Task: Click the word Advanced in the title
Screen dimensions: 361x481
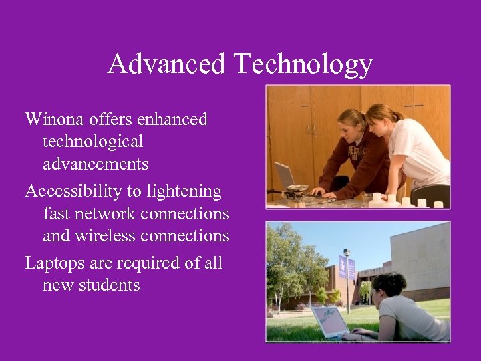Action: (166, 64)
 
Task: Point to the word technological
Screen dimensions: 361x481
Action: (92, 142)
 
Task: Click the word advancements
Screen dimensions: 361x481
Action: (96, 164)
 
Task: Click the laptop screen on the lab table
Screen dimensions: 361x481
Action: (285, 176)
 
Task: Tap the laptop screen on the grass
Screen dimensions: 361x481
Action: (330, 321)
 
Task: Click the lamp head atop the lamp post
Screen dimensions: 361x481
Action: (346, 252)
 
